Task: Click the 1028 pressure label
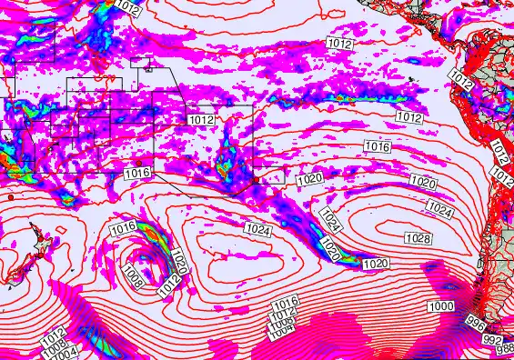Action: click(x=418, y=237)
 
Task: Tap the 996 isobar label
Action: click(x=474, y=324)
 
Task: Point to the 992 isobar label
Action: click(x=492, y=339)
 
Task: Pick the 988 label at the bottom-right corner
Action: click(x=505, y=349)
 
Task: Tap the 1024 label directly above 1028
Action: click(x=439, y=210)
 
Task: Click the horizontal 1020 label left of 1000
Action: click(x=376, y=264)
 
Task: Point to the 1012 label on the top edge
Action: click(x=128, y=8)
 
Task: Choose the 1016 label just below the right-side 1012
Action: click(x=378, y=146)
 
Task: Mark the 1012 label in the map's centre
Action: click(x=201, y=120)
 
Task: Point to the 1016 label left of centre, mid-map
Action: click(x=136, y=173)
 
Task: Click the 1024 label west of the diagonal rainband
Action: click(x=258, y=232)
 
